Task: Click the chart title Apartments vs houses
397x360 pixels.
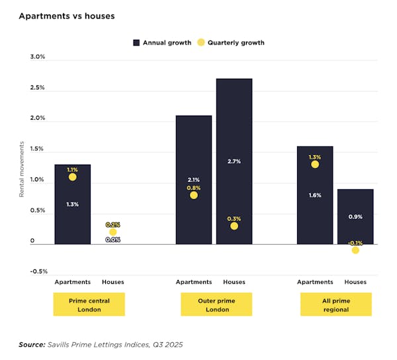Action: [66, 16]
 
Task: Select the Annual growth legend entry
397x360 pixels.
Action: [162, 42]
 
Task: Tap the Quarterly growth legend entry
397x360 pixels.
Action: [231, 42]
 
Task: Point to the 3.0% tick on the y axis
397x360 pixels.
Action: [37, 57]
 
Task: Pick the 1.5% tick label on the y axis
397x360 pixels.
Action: [37, 149]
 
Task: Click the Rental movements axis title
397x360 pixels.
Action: [21, 169]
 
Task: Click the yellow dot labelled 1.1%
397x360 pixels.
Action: [72, 177]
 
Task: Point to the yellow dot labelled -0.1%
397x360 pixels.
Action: [355, 250]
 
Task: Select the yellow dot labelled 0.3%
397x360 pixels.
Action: [234, 226]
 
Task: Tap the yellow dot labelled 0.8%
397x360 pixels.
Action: [193, 195]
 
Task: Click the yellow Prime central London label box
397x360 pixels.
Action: [89, 304]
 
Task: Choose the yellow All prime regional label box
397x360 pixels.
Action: [335, 304]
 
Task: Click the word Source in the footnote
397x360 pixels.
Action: [32, 344]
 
